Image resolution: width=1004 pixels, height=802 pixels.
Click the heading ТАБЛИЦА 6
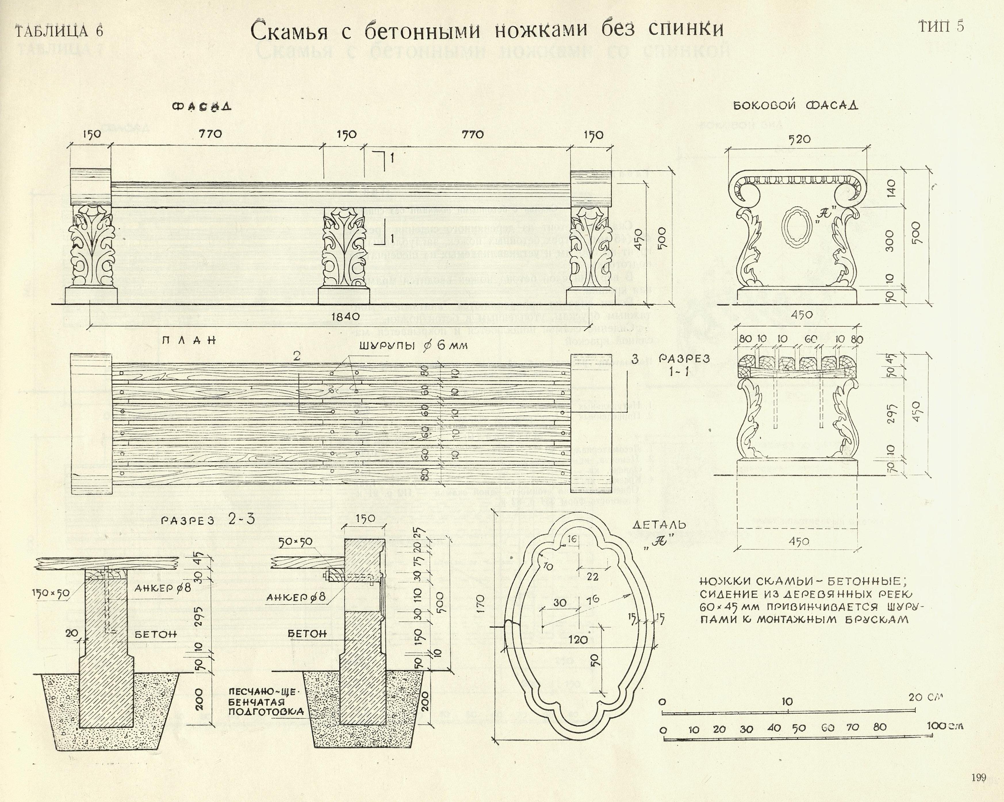60,31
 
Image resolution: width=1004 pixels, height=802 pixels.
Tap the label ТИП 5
941,26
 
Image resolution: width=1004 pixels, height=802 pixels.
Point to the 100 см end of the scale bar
944,726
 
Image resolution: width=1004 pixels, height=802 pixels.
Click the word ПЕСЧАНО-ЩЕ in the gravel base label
263,691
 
